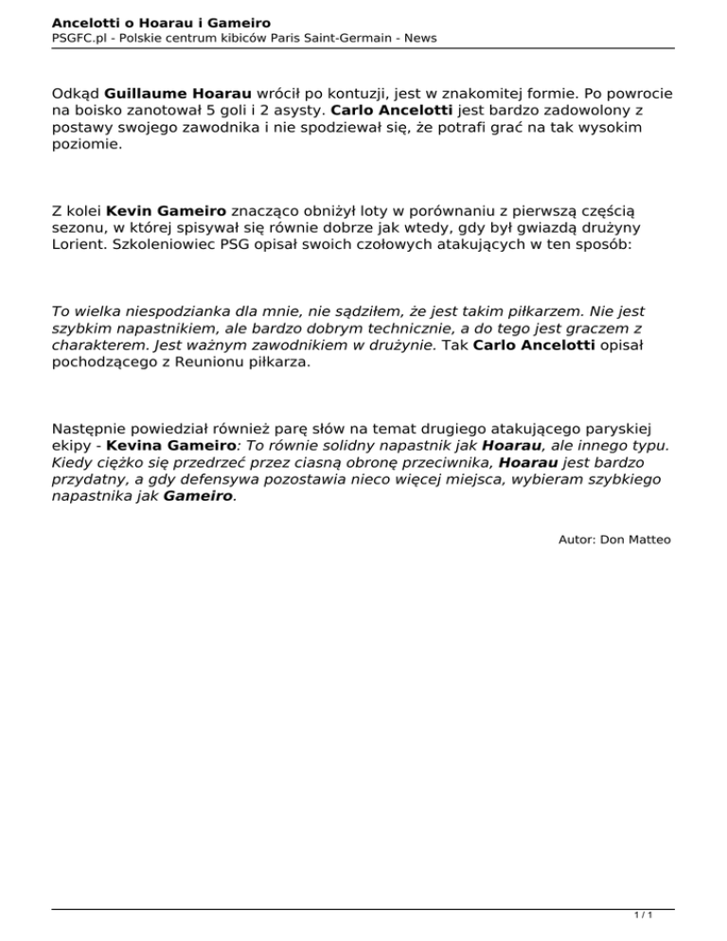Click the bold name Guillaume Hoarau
click(178, 95)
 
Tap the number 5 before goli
click(237, 113)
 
